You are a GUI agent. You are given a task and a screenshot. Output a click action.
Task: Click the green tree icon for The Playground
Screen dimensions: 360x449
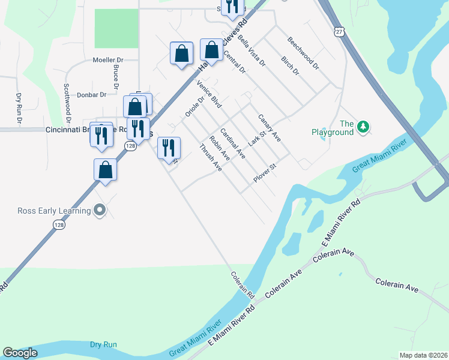tap(363, 127)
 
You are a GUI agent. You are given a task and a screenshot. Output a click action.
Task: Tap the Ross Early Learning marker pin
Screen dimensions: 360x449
tap(100, 210)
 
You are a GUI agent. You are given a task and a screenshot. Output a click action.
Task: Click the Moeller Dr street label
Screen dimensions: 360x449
tap(107, 60)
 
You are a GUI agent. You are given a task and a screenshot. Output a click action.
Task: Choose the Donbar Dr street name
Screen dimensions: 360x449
tap(92, 94)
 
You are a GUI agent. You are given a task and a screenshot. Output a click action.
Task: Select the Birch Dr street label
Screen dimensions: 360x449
tap(290, 66)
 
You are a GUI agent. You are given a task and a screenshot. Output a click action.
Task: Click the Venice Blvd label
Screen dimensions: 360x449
tap(209, 94)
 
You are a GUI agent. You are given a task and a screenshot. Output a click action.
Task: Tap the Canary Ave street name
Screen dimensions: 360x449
tap(270, 128)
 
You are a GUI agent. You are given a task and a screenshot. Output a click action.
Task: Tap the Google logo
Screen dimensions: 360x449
tap(20, 353)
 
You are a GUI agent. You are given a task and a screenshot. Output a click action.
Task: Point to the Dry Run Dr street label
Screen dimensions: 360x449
tap(19, 107)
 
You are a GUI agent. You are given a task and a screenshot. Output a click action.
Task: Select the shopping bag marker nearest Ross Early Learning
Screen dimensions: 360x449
tap(106, 170)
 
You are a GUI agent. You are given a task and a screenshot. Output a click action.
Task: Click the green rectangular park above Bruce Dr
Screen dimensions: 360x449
tap(116, 28)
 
